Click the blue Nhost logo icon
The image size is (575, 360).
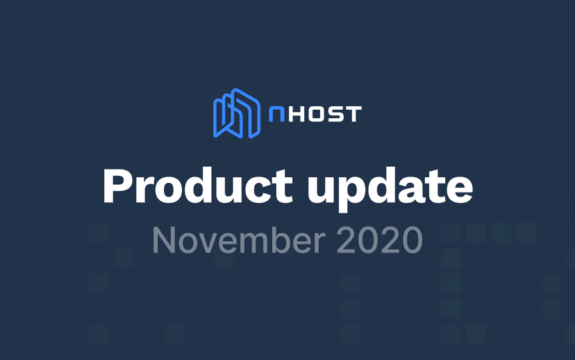pyautogui.click(x=237, y=113)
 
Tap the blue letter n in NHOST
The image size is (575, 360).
pyautogui.click(x=276, y=114)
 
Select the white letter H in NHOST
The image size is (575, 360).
pyautogui.click(x=294, y=114)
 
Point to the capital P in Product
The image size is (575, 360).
pyautogui.click(x=116, y=186)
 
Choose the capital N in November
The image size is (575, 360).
pyautogui.click(x=164, y=240)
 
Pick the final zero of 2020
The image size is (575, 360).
pyautogui.click(x=410, y=240)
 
